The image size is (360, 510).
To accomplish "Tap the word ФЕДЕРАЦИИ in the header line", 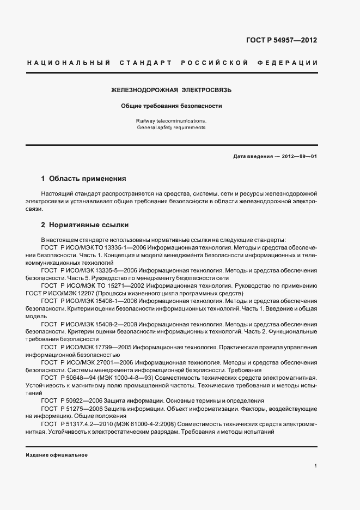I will click(292, 63).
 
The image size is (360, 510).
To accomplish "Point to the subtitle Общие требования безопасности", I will click(171, 106).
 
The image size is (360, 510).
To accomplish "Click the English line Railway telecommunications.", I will click(171, 120).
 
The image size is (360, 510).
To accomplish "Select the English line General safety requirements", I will click(171, 127).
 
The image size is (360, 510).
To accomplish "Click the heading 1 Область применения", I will click(84, 178).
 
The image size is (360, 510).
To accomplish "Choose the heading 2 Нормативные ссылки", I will click(85, 224).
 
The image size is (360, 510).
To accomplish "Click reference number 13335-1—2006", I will click(118, 247).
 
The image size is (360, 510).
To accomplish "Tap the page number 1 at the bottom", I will click(315, 466).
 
